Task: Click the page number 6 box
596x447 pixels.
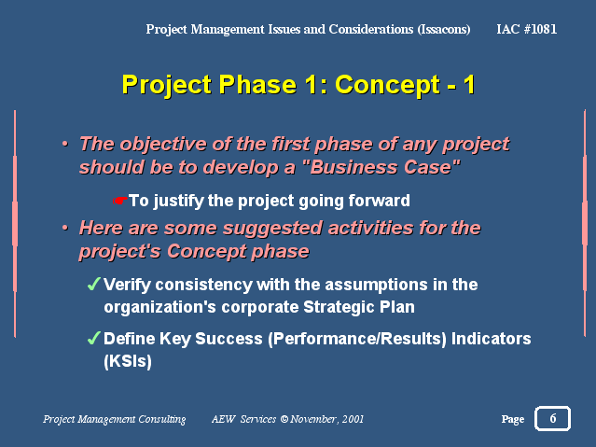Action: pyautogui.click(x=552, y=418)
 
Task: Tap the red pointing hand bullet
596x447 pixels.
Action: pyautogui.click(x=119, y=200)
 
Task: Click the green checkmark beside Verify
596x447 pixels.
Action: pyautogui.click(x=93, y=284)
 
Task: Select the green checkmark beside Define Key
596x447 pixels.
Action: pyautogui.click(x=93, y=338)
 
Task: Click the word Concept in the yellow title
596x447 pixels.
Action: pyautogui.click(x=387, y=85)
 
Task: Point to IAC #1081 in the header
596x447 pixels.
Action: pyautogui.click(x=526, y=29)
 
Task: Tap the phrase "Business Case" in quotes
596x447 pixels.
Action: pyautogui.click(x=384, y=167)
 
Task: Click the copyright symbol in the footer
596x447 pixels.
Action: pyautogui.click(x=284, y=419)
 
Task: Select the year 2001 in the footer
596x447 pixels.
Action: pyautogui.click(x=353, y=419)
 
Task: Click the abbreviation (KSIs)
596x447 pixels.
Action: pyautogui.click(x=128, y=361)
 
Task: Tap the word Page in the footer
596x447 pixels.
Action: pyautogui.click(x=513, y=419)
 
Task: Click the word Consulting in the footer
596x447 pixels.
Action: pyautogui.click(x=162, y=419)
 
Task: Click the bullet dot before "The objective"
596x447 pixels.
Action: pyautogui.click(x=65, y=145)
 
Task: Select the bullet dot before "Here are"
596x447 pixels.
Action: pyautogui.click(x=65, y=228)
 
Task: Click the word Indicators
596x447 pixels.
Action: pyautogui.click(x=492, y=338)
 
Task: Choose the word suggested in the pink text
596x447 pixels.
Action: pyautogui.click(x=272, y=229)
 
